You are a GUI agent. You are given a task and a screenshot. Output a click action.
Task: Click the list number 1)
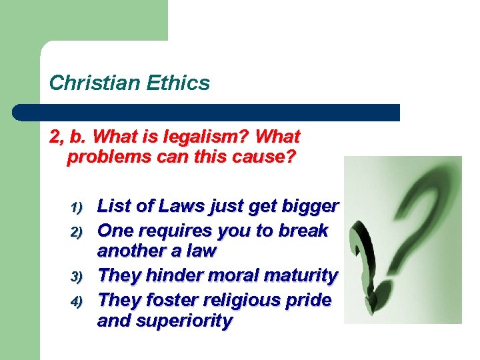click(x=77, y=208)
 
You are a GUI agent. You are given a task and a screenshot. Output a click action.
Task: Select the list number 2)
click(x=77, y=231)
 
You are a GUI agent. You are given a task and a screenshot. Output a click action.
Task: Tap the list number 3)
click(x=77, y=276)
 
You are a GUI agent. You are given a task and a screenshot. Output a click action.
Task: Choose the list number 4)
click(x=77, y=300)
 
